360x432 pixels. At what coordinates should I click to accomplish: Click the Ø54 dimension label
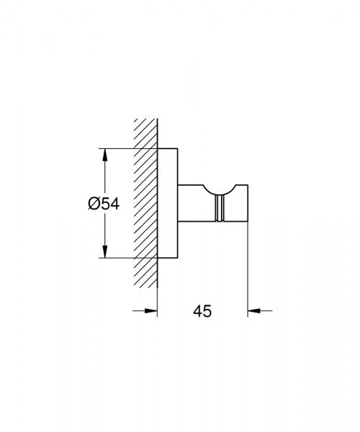click(x=104, y=204)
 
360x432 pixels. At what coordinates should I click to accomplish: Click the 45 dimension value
click(x=202, y=311)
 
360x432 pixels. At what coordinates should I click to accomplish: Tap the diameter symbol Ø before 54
click(x=94, y=204)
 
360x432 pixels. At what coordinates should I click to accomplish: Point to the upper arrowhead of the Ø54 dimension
click(x=104, y=155)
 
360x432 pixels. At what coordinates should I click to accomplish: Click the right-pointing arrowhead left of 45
click(x=151, y=311)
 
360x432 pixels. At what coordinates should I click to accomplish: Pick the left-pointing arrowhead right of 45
click(x=254, y=311)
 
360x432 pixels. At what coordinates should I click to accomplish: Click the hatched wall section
click(x=145, y=203)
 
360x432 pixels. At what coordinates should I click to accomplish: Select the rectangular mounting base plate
click(x=168, y=203)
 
